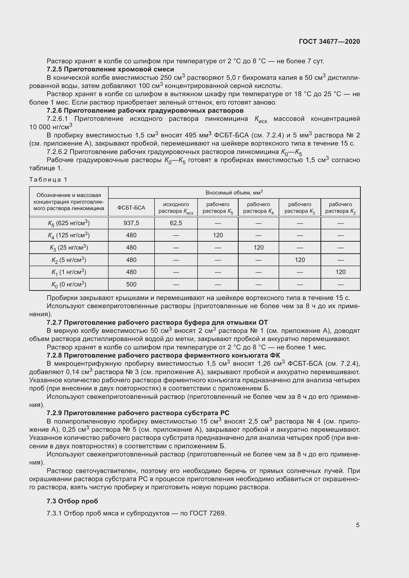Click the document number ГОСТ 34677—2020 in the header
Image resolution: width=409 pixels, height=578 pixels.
(329, 42)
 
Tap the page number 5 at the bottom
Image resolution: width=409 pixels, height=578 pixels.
(358, 525)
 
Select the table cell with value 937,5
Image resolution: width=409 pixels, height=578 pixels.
(131, 223)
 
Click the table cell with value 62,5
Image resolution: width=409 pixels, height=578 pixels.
(176, 223)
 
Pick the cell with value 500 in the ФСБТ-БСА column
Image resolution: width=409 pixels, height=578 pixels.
(131, 284)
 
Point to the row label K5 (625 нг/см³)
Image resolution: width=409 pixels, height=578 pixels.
(69, 223)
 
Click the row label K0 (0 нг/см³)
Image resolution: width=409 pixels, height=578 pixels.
(69, 284)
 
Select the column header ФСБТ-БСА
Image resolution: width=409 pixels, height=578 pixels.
(131, 208)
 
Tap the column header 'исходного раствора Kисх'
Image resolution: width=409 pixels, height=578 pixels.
(176, 208)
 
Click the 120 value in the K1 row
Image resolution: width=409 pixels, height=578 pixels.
(340, 272)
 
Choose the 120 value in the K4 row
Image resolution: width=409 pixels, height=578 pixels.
(218, 235)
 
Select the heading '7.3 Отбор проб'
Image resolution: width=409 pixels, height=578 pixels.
(72, 501)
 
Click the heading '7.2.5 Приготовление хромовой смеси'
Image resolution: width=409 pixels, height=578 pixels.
(110, 69)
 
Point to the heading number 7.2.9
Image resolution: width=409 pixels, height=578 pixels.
(54, 413)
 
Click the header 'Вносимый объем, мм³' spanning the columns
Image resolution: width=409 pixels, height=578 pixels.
(234, 193)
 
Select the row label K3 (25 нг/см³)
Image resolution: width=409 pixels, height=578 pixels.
(69, 248)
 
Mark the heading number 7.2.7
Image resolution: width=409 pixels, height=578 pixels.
(54, 322)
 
